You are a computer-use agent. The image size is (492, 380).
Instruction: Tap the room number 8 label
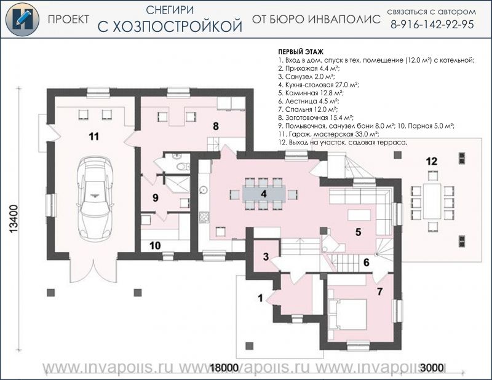[216, 126]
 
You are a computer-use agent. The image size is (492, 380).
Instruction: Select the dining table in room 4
[264, 194]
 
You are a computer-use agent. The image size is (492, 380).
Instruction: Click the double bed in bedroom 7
[347, 314]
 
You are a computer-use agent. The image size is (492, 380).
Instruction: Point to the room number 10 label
[155, 245]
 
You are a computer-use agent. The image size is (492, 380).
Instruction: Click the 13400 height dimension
[14, 220]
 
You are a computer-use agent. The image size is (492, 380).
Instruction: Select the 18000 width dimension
[224, 368]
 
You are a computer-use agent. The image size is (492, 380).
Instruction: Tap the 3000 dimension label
[432, 368]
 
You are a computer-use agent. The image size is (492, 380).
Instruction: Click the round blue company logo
[22, 20]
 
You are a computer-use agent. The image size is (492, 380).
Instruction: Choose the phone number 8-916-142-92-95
[432, 25]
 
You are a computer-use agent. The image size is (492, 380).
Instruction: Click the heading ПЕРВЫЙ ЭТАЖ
[301, 52]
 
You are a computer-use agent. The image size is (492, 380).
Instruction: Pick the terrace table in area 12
[432, 201]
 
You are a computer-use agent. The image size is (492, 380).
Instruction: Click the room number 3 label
[266, 256]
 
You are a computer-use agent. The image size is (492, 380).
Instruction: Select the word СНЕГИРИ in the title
[170, 10]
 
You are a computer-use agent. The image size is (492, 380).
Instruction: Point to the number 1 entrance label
[260, 298]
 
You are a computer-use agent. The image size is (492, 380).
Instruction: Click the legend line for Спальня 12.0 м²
[308, 109]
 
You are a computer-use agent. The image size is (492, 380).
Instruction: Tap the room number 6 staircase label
[366, 263]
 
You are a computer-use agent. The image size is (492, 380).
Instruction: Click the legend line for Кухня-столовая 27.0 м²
[319, 85]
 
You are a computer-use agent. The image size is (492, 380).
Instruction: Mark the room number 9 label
[155, 198]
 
